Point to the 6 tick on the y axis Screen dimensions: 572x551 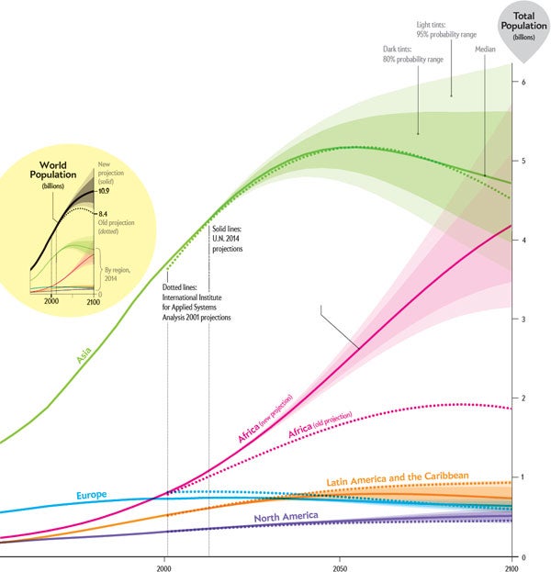(x=523, y=83)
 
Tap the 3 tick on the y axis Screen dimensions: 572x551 (x=523, y=320)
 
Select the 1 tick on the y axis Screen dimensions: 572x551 (x=523, y=477)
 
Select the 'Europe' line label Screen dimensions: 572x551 (x=92, y=495)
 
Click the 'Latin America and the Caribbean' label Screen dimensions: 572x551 (x=398, y=477)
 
